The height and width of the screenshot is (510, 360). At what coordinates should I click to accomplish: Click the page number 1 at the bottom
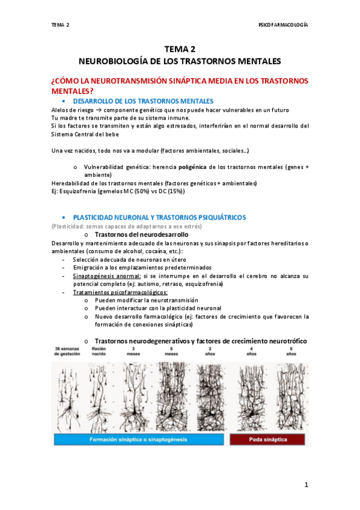tap(306, 485)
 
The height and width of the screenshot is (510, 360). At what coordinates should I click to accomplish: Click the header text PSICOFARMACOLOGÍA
tap(283, 25)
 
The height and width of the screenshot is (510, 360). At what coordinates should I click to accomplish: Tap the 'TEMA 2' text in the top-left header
tap(60, 25)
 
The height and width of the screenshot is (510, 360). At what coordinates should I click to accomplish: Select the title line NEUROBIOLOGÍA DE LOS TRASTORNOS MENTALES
tap(180, 61)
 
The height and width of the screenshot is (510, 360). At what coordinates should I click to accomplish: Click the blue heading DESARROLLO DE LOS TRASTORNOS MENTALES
tap(143, 100)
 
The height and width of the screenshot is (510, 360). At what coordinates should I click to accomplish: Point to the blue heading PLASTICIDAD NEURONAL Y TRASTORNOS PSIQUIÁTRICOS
tap(159, 217)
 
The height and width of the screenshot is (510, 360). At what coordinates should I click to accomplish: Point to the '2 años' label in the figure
tap(210, 351)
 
